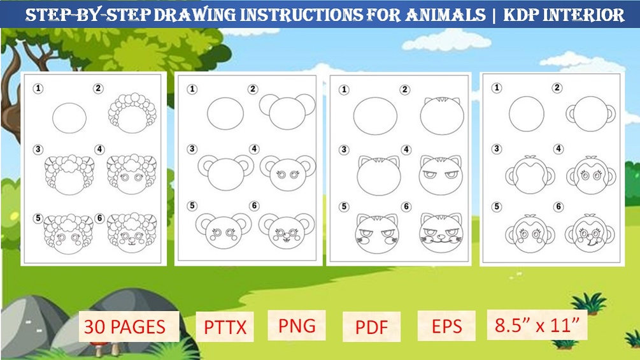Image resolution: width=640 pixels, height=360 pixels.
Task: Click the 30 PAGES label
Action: (x=124, y=328)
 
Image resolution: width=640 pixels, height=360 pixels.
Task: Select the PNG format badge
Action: (x=297, y=325)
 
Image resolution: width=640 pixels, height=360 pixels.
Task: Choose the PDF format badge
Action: (x=371, y=328)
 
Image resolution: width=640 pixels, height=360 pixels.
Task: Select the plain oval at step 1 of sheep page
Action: (x=69, y=117)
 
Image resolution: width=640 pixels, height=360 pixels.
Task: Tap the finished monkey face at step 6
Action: (x=590, y=233)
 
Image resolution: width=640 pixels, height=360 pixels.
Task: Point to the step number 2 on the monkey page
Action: (x=557, y=89)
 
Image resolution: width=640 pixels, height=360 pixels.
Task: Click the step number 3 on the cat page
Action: (x=345, y=150)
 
